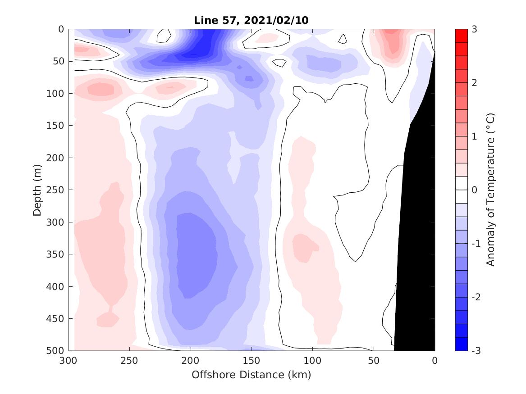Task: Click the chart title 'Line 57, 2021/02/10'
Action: tap(252, 20)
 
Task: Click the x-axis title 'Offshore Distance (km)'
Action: tap(252, 375)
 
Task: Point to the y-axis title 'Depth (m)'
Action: tap(37, 190)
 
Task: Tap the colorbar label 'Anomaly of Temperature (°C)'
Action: tap(491, 190)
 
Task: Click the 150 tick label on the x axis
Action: tap(252, 361)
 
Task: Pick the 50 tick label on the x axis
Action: tap(374, 361)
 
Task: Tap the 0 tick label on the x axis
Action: tap(435, 361)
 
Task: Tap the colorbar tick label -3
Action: tap(476, 351)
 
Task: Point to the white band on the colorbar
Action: tap(461, 190)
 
